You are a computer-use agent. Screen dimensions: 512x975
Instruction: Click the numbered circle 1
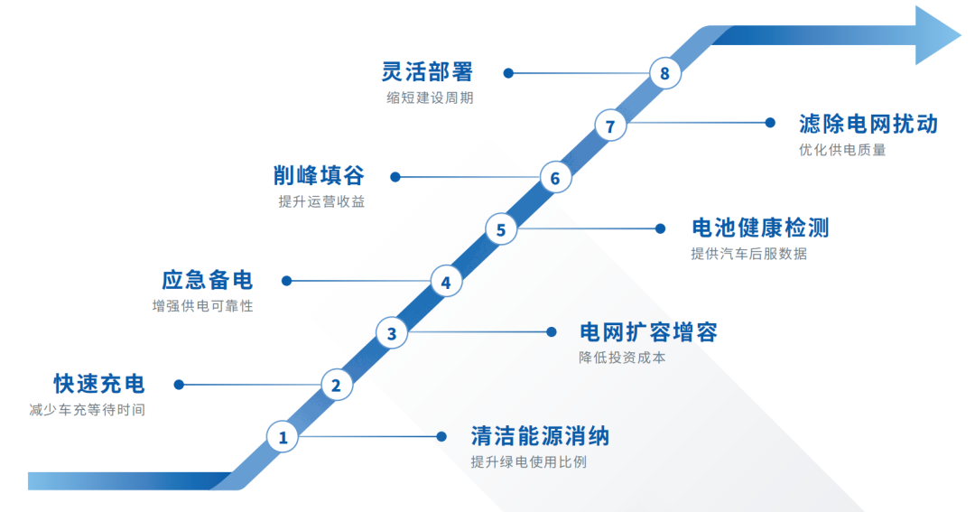coord(283,438)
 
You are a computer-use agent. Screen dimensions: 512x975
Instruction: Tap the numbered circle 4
coord(446,282)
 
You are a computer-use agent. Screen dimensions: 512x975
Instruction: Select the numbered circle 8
coord(665,73)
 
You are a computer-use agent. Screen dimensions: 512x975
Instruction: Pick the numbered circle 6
coord(555,178)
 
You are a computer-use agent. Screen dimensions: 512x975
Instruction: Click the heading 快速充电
coord(99,384)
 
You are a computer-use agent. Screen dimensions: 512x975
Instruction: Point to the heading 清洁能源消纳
coord(540,437)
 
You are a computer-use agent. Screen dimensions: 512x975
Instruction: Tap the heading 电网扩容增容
coord(648,332)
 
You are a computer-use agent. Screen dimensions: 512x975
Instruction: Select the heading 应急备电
coord(208,280)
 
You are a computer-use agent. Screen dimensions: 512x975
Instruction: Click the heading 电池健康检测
coord(759,228)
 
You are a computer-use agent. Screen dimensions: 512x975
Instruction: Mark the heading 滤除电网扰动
coord(868,124)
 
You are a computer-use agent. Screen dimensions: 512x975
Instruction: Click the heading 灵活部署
coord(427,72)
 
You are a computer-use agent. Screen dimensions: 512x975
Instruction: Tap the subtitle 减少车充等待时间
coord(87,410)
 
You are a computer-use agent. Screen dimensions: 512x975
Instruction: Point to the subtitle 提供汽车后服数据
coord(748,254)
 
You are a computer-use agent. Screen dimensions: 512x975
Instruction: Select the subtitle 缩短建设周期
coord(429,98)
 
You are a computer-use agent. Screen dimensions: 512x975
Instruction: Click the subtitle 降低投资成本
coord(623,358)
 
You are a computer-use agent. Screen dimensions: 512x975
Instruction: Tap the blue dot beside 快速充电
coord(179,385)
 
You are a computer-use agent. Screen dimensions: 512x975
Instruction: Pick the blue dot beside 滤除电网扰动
coord(770,123)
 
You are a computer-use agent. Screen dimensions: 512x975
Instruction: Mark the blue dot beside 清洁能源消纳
coord(441,437)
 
